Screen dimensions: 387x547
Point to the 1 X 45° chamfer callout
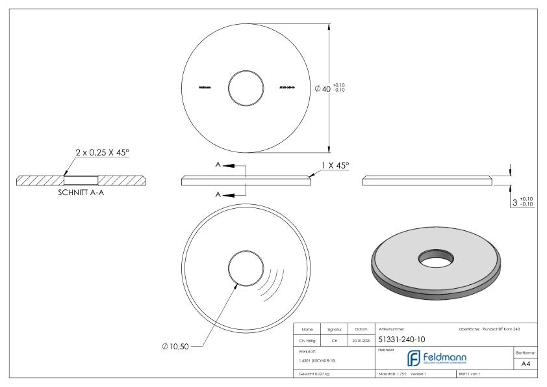point(335,167)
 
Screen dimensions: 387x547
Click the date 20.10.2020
point(361,340)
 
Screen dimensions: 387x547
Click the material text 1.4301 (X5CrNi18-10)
point(316,360)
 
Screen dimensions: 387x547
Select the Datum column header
point(361,330)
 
